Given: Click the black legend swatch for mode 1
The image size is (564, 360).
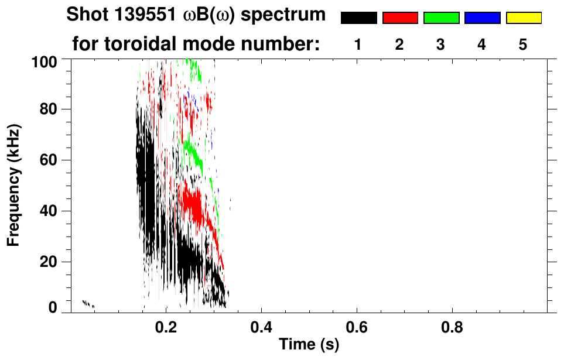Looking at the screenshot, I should [x=358, y=18].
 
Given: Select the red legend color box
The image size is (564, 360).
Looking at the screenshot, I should [x=400, y=18].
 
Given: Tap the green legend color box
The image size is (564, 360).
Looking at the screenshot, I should [x=441, y=18].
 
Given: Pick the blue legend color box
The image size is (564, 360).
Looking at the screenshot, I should [x=482, y=18].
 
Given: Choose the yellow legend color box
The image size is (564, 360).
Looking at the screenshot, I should [x=524, y=18].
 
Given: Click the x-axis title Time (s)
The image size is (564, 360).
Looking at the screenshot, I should [x=308, y=345].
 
